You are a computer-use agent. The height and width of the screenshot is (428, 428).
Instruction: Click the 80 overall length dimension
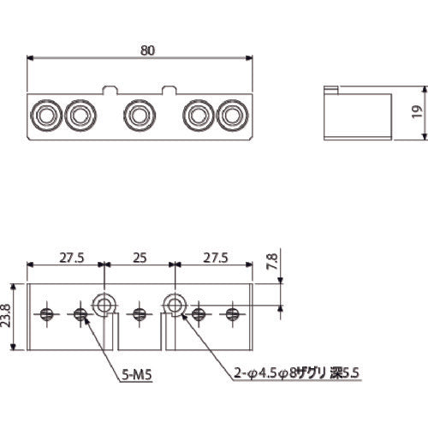pyautogui.click(x=147, y=51)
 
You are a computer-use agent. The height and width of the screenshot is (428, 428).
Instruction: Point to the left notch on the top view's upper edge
pyautogui.click(x=110, y=88)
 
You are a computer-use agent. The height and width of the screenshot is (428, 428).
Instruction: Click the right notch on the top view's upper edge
pyautogui.click(x=169, y=88)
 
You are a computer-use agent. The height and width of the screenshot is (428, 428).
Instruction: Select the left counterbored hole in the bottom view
pyautogui.click(x=106, y=303)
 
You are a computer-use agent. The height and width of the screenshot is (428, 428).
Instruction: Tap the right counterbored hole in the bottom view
pyautogui.click(x=174, y=303)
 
